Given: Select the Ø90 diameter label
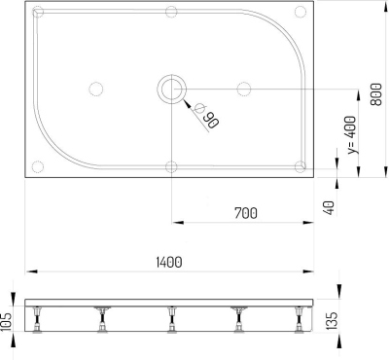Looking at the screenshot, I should pos(205,117).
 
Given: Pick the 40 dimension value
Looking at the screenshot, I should pos(329,206).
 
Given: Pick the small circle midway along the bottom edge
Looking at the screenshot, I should pos(170,165).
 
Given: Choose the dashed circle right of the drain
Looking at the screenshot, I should pos(245,90).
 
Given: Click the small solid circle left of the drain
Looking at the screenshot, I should pos(95,90).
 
